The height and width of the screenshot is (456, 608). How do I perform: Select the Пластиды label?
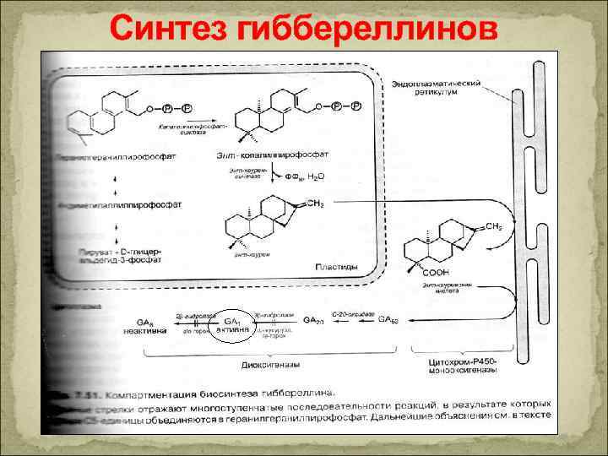(336, 267)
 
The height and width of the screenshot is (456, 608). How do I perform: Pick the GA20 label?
(312, 321)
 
